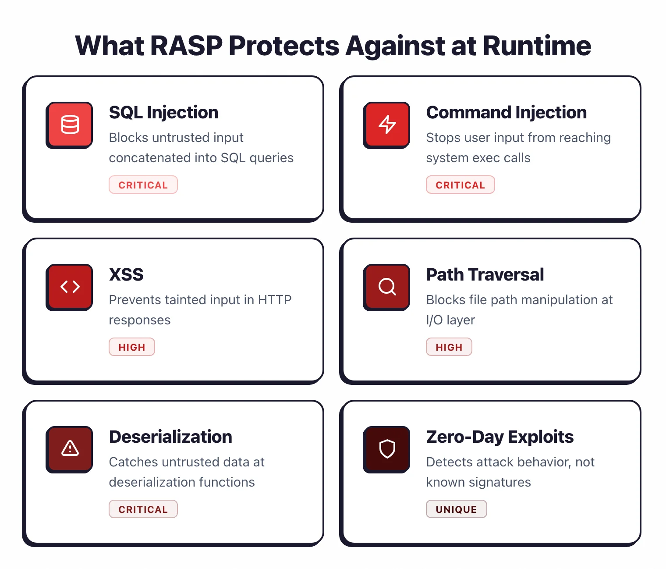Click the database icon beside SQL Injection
click(x=70, y=125)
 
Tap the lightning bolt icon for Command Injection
click(x=387, y=125)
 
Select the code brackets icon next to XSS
click(x=70, y=287)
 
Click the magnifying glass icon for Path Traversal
click(x=387, y=287)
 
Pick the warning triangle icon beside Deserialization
click(x=70, y=449)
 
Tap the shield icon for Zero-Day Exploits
click(x=387, y=449)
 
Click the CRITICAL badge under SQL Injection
click(x=143, y=185)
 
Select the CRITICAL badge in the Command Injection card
click(x=460, y=185)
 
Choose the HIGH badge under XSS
click(x=132, y=347)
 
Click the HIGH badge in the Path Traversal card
click(x=449, y=347)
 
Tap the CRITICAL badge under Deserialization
click(x=143, y=509)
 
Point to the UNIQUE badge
click(x=456, y=509)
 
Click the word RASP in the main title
click(x=186, y=46)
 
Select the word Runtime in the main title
click(x=537, y=46)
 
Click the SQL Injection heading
click(x=163, y=113)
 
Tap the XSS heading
click(x=126, y=275)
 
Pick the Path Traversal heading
click(x=485, y=275)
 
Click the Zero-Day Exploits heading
click(x=499, y=437)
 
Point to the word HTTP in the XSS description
click(x=275, y=300)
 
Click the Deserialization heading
click(x=170, y=437)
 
